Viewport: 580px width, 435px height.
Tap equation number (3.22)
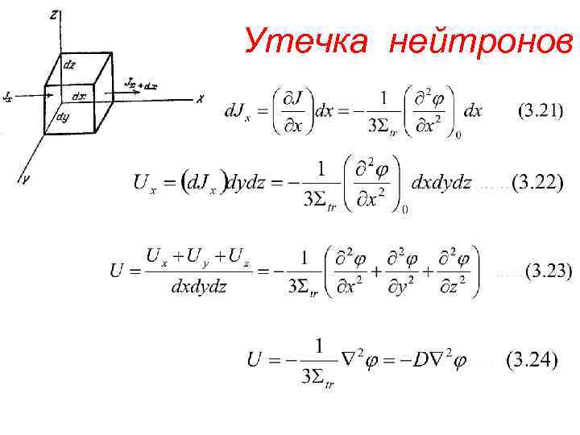coord(537,183)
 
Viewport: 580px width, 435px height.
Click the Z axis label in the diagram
coord(53,14)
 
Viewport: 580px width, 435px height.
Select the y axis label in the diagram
coord(26,180)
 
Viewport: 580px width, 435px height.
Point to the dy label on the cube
coord(62,117)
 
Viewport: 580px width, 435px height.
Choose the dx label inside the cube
coord(79,97)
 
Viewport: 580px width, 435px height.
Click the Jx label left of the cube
coord(7,97)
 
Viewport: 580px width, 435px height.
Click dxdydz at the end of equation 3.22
coord(441,183)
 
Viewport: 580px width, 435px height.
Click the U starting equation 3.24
coord(255,360)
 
